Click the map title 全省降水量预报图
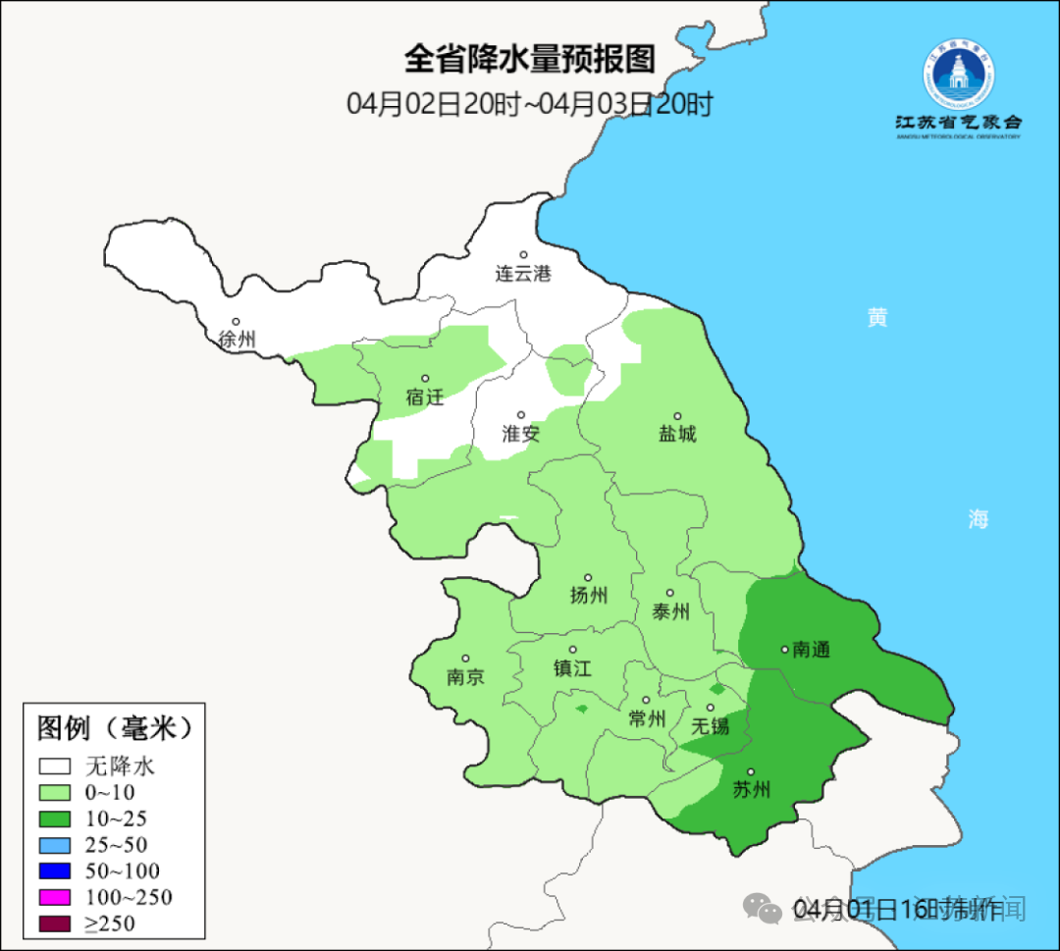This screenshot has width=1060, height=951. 529,60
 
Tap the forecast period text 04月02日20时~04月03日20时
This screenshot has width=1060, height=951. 529,104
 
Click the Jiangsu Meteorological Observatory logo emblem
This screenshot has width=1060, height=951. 958,77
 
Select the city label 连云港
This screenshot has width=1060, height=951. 523,274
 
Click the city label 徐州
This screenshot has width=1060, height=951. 237,340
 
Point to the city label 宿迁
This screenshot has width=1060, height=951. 425,396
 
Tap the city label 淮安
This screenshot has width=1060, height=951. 521,433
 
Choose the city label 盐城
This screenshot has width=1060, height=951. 676,433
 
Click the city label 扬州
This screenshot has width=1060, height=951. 588,595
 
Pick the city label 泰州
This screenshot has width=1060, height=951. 670,611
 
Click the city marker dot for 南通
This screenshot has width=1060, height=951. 784,649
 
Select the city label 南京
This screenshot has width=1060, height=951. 464,677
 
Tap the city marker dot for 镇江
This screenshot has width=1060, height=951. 572,650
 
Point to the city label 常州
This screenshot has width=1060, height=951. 647,718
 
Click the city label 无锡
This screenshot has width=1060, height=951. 711,726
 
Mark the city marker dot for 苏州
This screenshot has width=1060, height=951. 751,772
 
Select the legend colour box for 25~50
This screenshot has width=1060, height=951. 55,845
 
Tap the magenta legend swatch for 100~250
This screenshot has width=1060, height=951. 55,897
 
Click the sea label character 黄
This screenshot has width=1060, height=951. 876,317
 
